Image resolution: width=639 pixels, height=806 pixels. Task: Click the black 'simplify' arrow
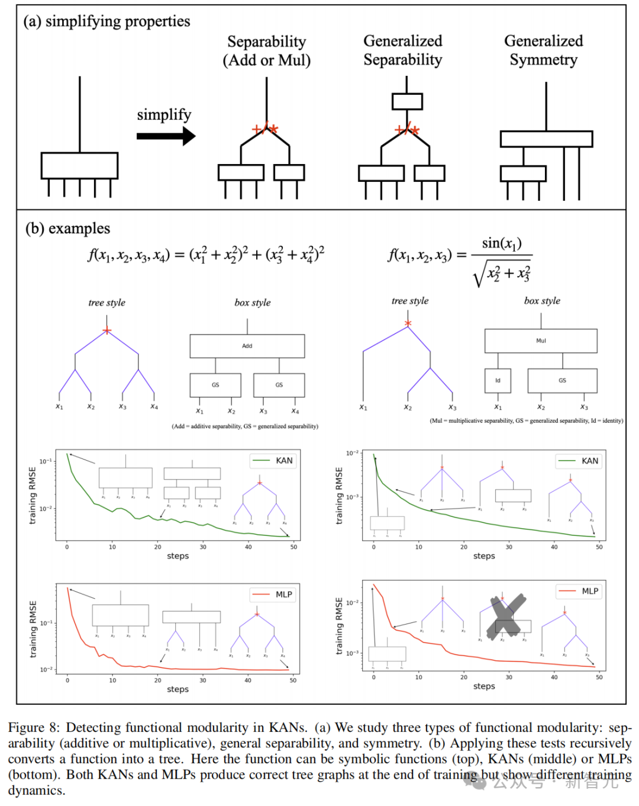coord(166,136)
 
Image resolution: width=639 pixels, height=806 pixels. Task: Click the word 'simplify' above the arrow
coord(164,114)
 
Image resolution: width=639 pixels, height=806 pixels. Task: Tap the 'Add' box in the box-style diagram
coord(247,346)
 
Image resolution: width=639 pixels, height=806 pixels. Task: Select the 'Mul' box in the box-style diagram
coord(541,341)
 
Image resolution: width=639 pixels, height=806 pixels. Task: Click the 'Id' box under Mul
coord(498,380)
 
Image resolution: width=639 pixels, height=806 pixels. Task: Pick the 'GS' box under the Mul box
coord(562,380)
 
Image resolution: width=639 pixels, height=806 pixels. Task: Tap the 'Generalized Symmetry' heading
coord(543,50)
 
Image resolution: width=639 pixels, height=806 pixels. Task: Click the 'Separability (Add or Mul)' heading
coord(266,51)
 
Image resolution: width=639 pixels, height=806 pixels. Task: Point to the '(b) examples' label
coord(67,229)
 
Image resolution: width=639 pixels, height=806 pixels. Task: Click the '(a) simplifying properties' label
coord(106,21)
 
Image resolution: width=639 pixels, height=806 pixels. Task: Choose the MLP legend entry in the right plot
coord(579,591)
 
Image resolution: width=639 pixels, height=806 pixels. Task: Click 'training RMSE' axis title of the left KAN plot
coord(33,495)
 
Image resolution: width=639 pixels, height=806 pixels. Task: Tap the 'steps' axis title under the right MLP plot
coord(484,686)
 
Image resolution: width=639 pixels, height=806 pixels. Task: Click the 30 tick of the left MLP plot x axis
coord(203,680)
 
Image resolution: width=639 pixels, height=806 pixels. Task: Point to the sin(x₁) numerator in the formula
coord(502,243)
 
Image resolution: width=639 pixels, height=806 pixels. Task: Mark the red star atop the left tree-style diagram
coord(106,330)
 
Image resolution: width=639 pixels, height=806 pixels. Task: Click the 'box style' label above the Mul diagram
coord(542,301)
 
